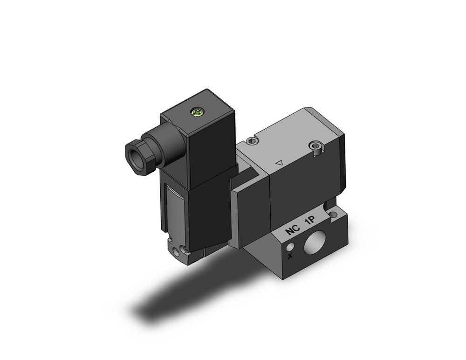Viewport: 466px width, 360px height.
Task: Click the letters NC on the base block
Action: (x=292, y=230)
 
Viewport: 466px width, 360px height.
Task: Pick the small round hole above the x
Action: (x=291, y=245)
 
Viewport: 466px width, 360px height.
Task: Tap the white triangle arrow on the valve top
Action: (x=280, y=163)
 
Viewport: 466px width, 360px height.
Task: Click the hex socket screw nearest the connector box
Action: (x=253, y=139)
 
